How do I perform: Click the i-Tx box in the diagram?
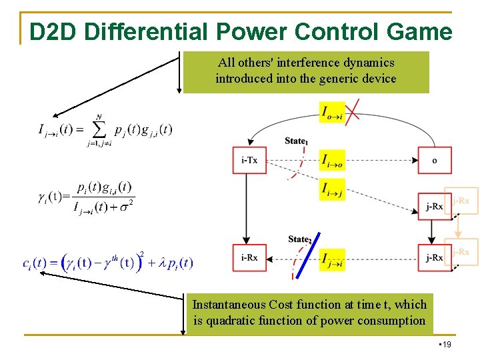(x=249, y=161)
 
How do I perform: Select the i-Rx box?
(x=249, y=258)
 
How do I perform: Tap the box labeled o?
(x=434, y=161)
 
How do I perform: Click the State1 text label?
(x=296, y=141)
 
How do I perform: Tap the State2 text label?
(x=300, y=239)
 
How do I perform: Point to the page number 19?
(x=446, y=345)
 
